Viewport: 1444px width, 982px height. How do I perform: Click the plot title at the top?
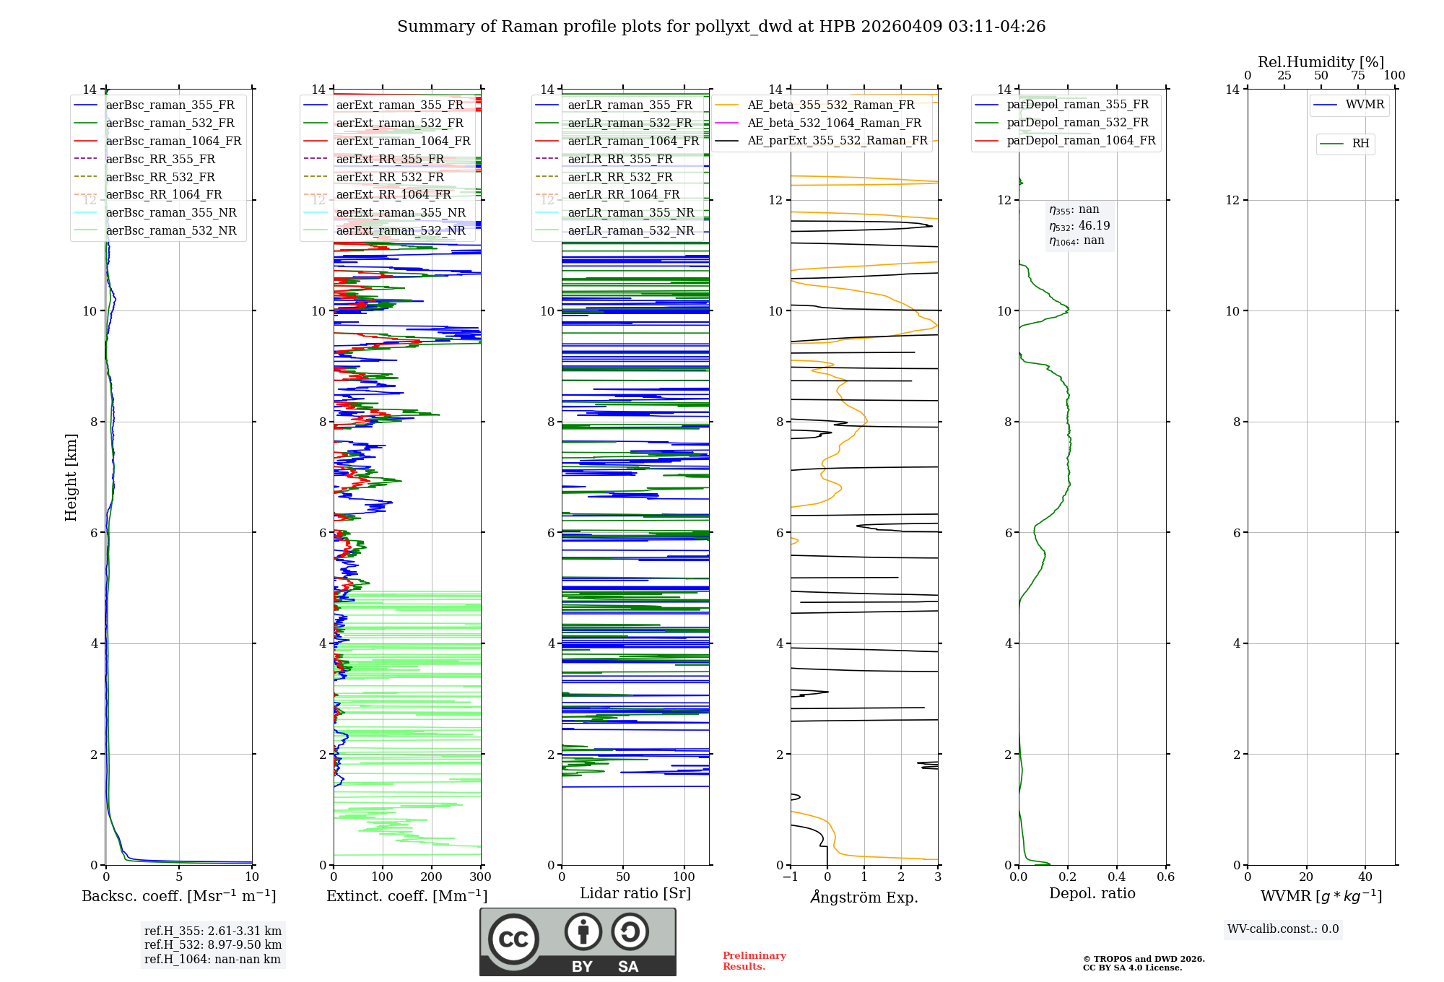[x=721, y=27]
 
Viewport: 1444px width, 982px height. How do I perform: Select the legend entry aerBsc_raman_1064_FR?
[x=173, y=141]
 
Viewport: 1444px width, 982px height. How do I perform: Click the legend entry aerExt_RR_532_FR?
[x=390, y=177]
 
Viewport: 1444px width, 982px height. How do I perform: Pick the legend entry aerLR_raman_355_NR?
[x=630, y=212]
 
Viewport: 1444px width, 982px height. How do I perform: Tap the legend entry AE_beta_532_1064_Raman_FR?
[x=834, y=123]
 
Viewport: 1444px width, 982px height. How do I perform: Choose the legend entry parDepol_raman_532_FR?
[x=1077, y=123]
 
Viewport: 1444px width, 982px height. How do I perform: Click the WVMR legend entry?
[x=1365, y=105]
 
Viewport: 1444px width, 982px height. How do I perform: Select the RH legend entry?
[x=1360, y=144]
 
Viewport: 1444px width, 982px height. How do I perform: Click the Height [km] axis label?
[x=71, y=477]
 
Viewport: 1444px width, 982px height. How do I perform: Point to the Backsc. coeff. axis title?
[x=179, y=896]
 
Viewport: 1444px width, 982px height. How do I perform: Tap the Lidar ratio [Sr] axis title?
[x=635, y=893]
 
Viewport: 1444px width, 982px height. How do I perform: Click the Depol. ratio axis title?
[x=1092, y=893]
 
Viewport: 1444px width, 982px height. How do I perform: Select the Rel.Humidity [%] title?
[x=1321, y=62]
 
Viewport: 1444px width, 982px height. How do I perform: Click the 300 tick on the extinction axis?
[x=480, y=877]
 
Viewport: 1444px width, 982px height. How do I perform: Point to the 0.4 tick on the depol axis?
[x=1116, y=877]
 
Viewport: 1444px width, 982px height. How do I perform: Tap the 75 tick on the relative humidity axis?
[x=1357, y=76]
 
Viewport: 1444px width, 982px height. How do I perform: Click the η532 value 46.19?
[x=1094, y=225]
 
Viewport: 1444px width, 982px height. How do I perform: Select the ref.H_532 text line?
[x=213, y=944]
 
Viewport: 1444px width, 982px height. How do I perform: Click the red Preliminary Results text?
[x=754, y=960]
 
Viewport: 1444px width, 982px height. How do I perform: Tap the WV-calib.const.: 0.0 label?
[x=1283, y=929]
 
